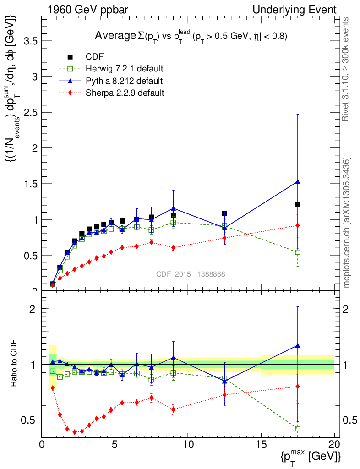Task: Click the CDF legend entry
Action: (94, 57)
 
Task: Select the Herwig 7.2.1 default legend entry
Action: (124, 69)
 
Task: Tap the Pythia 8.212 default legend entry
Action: (124, 81)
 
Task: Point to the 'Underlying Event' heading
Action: (300, 9)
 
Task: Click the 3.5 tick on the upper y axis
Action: (31, 41)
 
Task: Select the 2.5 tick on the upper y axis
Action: (31, 112)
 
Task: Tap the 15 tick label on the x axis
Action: (261, 444)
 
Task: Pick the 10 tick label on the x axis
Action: (188, 444)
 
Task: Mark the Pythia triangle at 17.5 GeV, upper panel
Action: (298, 182)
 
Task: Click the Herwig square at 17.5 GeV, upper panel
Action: (298, 252)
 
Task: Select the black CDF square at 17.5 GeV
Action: (298, 205)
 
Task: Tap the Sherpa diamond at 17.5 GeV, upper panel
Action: (298, 225)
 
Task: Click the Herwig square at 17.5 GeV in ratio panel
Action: (298, 429)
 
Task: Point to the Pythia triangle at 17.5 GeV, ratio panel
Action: (298, 345)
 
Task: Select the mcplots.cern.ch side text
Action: (347, 223)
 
